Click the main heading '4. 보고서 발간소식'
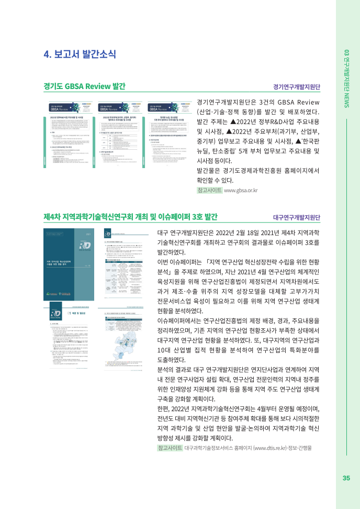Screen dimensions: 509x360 coord(80,54)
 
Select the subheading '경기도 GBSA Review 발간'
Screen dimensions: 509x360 coord(84,86)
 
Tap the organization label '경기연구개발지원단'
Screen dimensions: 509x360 coord(297,87)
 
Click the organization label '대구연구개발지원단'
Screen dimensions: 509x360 coord(297,217)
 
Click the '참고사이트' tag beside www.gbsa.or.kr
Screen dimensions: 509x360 coord(209,191)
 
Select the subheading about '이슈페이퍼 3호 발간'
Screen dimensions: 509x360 coord(131,217)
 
